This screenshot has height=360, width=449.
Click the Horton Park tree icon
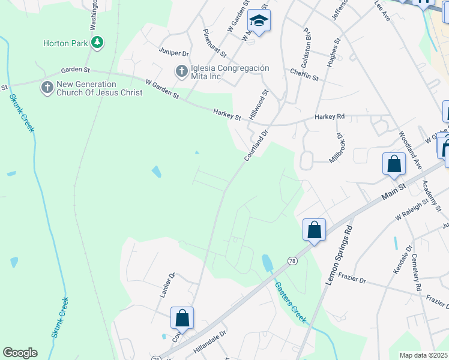pyautogui.click(x=97, y=43)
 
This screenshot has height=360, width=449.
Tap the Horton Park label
pyautogui.click(x=65, y=43)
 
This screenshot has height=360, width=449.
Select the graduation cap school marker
pyautogui.click(x=259, y=22)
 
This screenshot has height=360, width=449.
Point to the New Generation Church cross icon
pyautogui.click(x=46, y=88)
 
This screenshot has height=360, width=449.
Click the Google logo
pyautogui.click(x=20, y=353)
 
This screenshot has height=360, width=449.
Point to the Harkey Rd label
pyautogui.click(x=330, y=116)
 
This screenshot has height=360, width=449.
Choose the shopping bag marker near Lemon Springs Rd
pyautogui.click(x=314, y=230)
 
